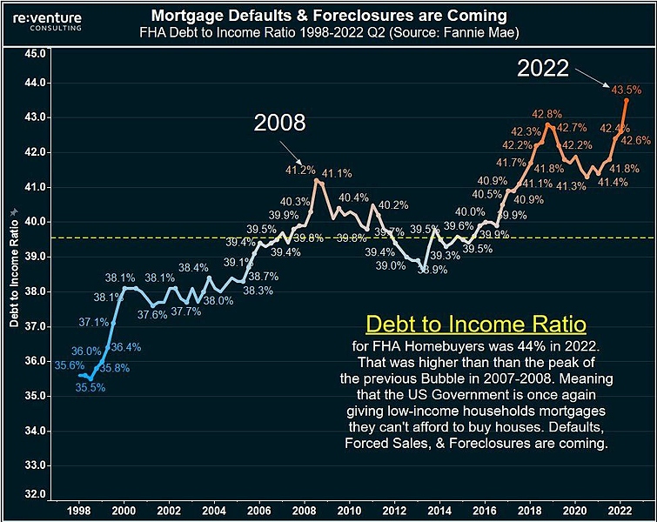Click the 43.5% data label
[x=627, y=90]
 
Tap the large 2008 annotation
[x=279, y=123]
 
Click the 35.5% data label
[x=90, y=388]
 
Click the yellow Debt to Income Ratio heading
[x=476, y=325]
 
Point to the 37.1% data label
[x=93, y=322]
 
